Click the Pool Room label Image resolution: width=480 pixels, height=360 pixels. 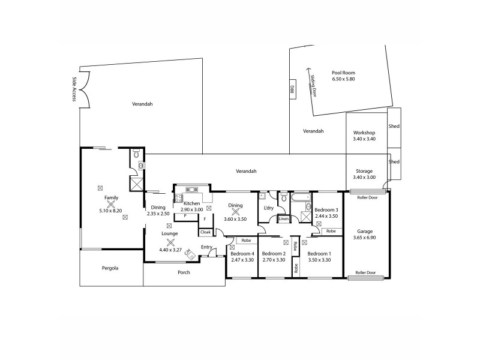343,73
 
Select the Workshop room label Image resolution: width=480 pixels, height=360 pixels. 364,133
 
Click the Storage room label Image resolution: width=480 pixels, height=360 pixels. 364,171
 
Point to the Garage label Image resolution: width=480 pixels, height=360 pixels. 365,231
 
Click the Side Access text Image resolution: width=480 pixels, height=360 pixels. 74,89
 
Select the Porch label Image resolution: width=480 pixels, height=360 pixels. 184,272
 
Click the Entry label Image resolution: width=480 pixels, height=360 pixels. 206,247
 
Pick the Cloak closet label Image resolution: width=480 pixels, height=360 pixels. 205,232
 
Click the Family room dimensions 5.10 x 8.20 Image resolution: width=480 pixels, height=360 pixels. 111,211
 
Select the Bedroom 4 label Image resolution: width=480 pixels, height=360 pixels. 242,253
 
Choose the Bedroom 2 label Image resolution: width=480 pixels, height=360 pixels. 274,253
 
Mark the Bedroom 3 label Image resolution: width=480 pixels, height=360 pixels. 326,209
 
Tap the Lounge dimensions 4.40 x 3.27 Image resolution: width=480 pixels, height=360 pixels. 170,250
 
